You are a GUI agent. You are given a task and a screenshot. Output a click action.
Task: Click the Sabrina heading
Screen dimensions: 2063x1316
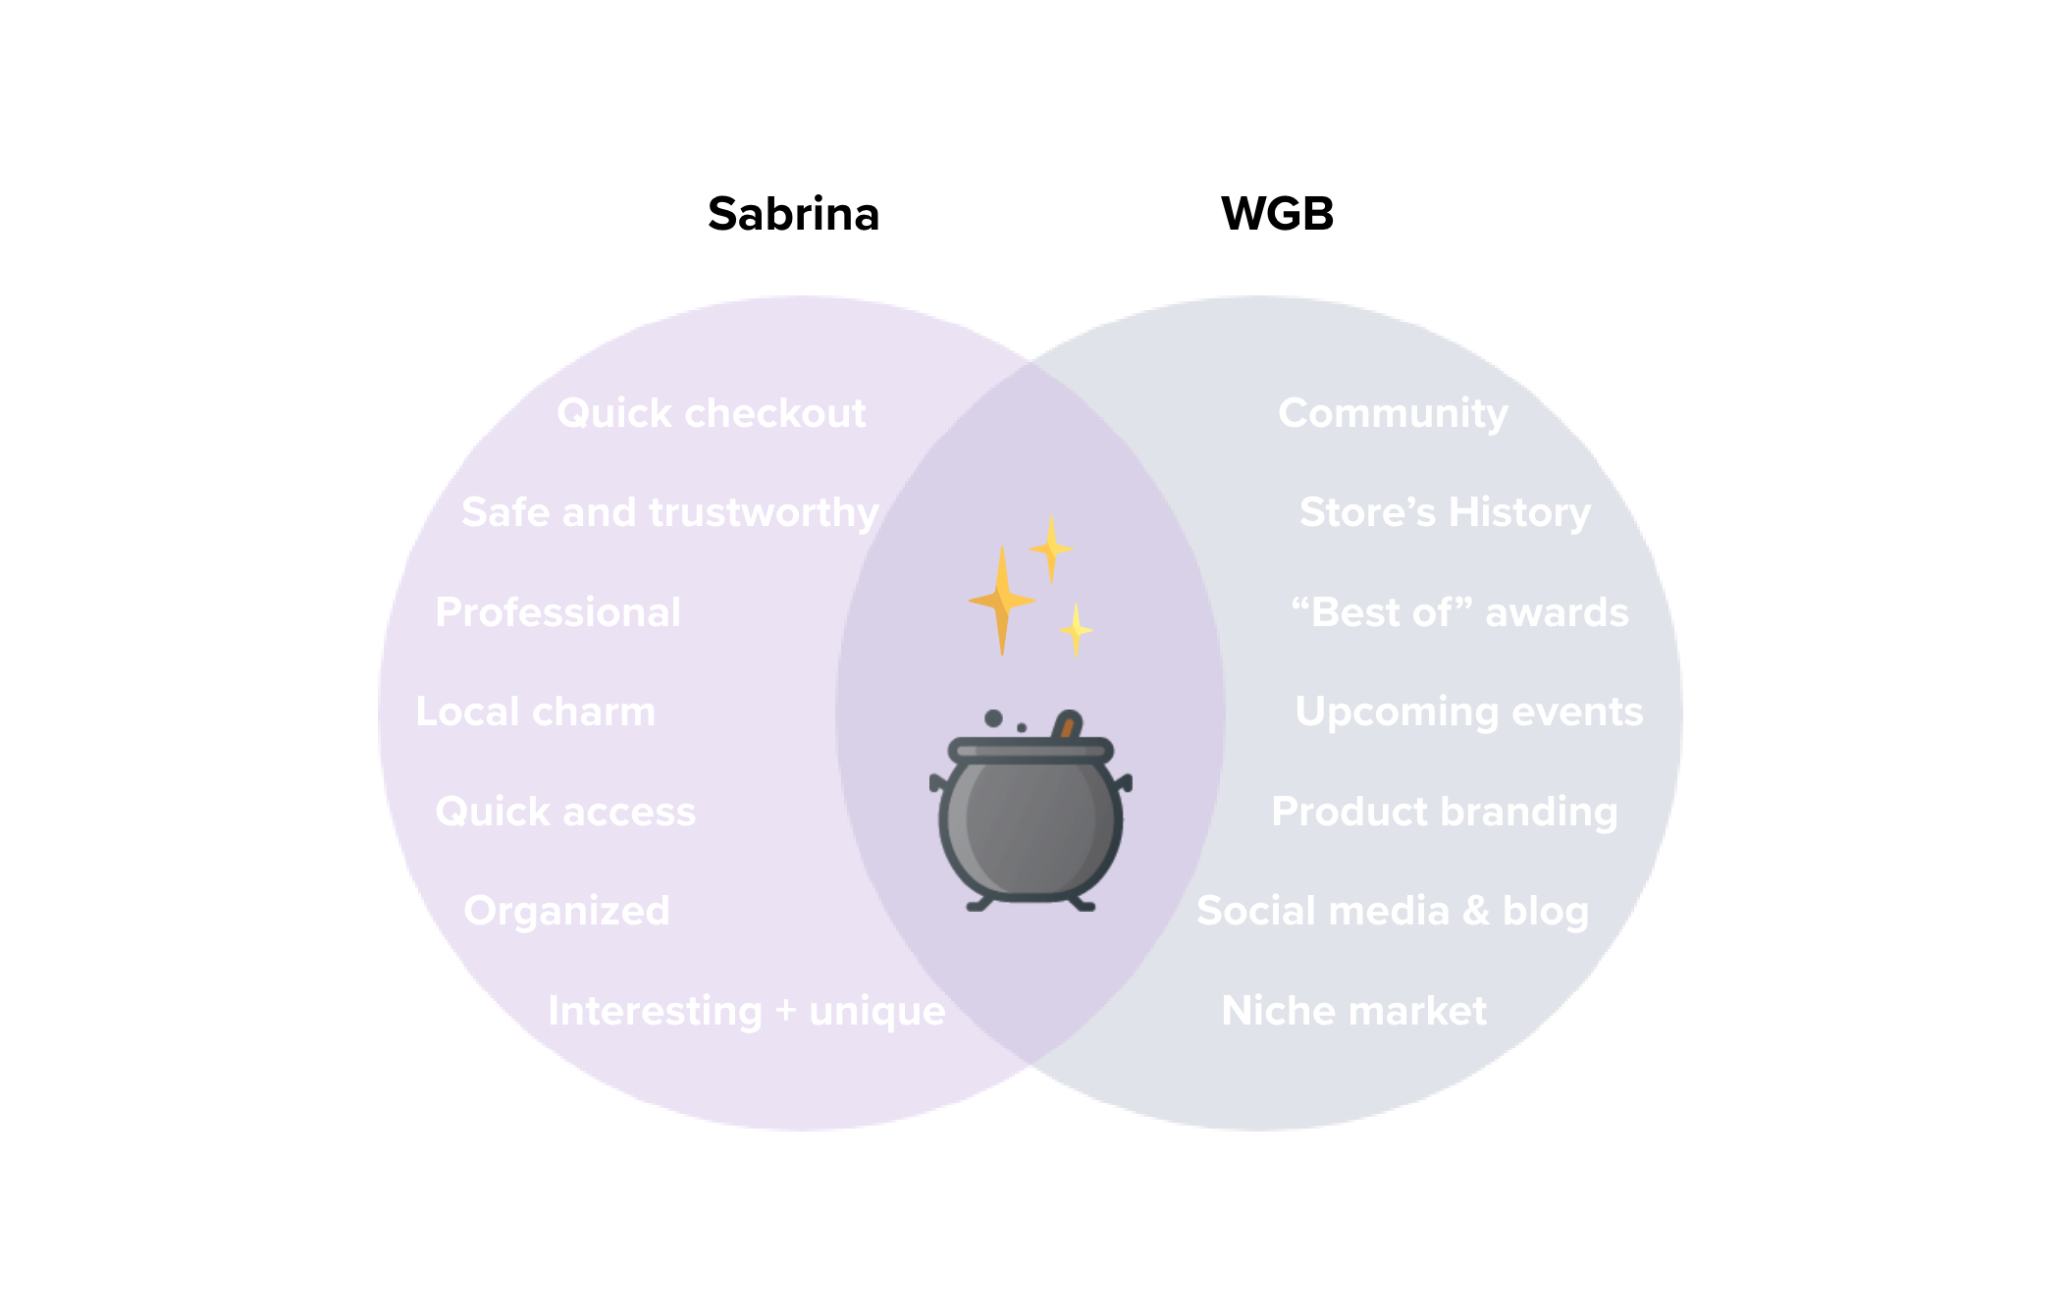coord(793,214)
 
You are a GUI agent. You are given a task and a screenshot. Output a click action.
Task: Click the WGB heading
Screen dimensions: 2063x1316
coord(1277,214)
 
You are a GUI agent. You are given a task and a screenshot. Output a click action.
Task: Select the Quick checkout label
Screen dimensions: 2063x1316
coord(712,413)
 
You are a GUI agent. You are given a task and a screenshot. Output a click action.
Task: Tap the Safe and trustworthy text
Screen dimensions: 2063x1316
coord(670,512)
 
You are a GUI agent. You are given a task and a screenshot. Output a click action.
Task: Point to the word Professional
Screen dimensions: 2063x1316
coord(557,612)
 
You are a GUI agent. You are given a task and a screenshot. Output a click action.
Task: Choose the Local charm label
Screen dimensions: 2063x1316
coord(535,711)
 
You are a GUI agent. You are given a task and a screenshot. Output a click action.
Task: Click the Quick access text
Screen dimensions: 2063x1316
coord(565,812)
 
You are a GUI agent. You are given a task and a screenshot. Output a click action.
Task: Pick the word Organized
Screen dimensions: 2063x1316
coord(566,912)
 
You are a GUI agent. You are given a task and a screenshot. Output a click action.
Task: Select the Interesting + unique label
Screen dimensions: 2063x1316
coord(746,1011)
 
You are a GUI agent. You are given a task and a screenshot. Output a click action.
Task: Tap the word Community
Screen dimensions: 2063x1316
coord(1393,413)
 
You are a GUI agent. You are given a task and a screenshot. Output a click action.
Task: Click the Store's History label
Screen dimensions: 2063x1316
coord(1445,512)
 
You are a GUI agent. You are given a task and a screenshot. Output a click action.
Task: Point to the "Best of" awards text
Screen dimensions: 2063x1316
coord(1459,612)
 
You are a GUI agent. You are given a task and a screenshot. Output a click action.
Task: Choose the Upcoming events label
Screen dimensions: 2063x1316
coord(1468,711)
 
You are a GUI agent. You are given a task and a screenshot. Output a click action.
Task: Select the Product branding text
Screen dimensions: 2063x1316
coord(1444,812)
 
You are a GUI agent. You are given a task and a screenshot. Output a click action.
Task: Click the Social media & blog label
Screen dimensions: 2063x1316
coord(1392,912)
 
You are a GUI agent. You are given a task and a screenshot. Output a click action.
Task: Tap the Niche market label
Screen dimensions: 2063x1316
coord(1353,1011)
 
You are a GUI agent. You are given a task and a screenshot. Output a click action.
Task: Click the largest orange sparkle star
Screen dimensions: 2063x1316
coord(1002,600)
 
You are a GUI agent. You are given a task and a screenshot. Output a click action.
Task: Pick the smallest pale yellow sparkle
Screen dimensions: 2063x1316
coord(1077,629)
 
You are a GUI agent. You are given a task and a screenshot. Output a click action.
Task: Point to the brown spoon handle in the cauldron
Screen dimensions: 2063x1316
coord(1067,725)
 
